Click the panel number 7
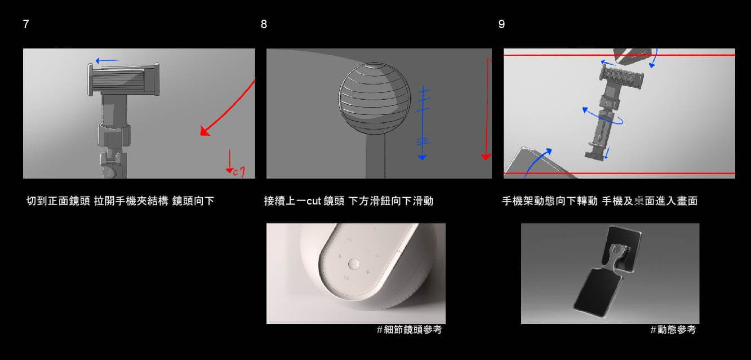tap(26, 24)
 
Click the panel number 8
tap(264, 24)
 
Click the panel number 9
tap(501, 24)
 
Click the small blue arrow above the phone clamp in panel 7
tap(107, 61)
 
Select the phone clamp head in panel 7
tap(123, 79)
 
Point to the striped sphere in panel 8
tap(375, 98)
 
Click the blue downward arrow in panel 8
tap(423, 122)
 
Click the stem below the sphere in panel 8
tap(375, 156)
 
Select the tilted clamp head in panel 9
tap(621, 77)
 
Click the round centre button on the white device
tap(354, 264)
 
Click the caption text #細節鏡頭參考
tap(410, 330)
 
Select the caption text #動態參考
tap(673, 330)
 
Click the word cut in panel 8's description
tap(314, 201)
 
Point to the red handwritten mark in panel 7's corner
tap(235, 164)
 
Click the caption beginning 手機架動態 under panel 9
tap(599, 201)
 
